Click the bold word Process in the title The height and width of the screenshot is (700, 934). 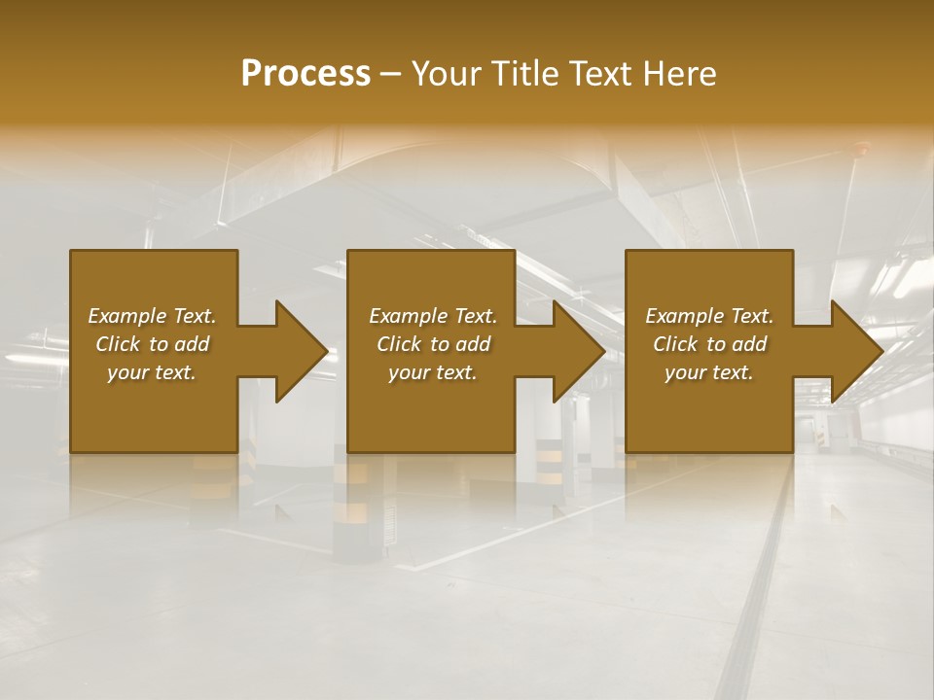coord(305,74)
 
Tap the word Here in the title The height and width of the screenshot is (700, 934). coord(678,74)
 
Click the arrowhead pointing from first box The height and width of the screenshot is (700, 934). coord(298,351)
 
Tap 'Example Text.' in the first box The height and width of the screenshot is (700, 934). coord(152,316)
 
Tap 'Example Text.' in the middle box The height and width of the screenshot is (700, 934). coord(432,316)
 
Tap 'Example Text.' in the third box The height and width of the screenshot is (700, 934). coord(709,316)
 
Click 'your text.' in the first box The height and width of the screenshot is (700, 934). coord(152,372)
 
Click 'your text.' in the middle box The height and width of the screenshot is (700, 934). coord(432,372)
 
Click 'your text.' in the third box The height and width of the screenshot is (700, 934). coord(709,372)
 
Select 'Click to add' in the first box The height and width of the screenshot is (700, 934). coord(152,344)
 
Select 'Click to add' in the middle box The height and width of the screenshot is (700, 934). coord(432,344)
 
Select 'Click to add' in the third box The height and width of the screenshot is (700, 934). coord(709,344)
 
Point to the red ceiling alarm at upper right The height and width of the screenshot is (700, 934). coord(860,149)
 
